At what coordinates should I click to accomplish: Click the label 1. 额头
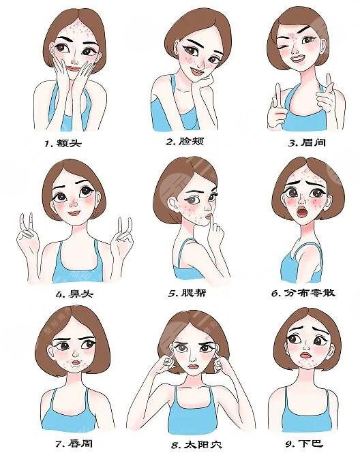63,143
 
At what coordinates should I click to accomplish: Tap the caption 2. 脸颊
185,141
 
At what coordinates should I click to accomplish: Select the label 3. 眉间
307,142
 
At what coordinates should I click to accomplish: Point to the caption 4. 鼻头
74,294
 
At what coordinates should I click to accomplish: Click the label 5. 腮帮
187,293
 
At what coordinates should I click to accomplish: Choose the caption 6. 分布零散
303,293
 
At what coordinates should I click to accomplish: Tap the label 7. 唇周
74,443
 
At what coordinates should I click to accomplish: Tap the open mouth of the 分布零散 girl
302,213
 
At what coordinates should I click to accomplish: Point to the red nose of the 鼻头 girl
74,203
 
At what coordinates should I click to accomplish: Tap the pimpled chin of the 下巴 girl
305,362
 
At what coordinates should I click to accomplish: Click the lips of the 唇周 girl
76,362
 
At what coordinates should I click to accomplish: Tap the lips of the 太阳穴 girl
192,366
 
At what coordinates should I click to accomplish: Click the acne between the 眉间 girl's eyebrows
293,37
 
